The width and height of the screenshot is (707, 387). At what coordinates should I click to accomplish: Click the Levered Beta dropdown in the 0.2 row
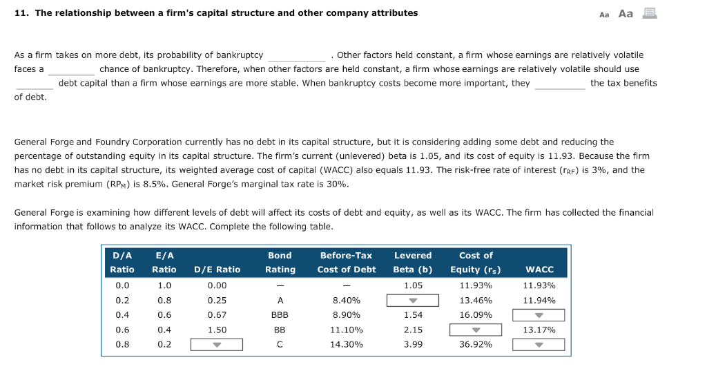click(412, 301)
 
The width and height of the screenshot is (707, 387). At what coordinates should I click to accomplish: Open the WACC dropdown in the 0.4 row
click(539, 315)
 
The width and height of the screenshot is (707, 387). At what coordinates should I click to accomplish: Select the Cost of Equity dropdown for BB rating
click(476, 330)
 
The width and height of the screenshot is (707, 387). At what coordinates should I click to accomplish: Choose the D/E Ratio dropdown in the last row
click(217, 345)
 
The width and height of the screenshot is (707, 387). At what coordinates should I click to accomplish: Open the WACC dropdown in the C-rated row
click(539, 345)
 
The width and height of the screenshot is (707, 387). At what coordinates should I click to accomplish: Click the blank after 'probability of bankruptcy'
click(296, 55)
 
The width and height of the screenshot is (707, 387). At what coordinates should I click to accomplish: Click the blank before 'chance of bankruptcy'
click(71, 69)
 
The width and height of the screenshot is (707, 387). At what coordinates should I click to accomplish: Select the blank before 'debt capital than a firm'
click(35, 84)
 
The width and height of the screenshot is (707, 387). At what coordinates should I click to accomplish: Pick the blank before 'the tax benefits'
click(559, 84)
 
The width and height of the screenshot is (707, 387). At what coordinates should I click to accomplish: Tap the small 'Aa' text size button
click(604, 14)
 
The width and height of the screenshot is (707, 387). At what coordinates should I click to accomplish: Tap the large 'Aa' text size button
click(626, 13)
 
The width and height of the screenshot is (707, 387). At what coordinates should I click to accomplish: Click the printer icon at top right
click(649, 13)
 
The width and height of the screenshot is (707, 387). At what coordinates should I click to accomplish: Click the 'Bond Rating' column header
click(280, 263)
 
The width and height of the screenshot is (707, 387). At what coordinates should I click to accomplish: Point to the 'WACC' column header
click(539, 270)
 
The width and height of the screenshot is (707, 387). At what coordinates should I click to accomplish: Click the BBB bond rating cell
click(280, 315)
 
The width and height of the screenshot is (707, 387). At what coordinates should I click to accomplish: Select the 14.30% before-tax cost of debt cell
click(346, 344)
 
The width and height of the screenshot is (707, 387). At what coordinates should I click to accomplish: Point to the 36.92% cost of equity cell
click(475, 344)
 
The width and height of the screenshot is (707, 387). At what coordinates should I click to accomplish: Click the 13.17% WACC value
click(539, 330)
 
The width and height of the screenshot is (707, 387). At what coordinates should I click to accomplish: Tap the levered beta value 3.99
click(412, 344)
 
